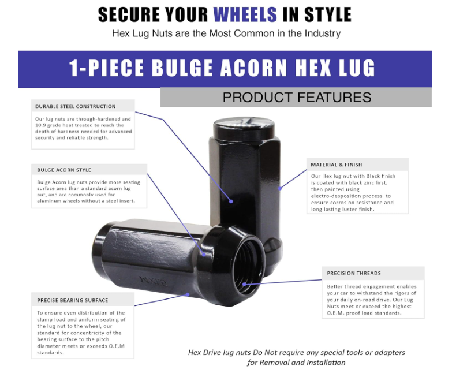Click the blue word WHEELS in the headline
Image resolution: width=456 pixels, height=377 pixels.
point(245,14)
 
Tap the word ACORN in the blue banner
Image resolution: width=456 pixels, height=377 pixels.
point(253,68)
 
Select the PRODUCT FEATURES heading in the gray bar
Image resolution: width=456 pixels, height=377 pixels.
point(297,97)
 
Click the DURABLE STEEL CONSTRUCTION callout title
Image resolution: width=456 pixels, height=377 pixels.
point(75,106)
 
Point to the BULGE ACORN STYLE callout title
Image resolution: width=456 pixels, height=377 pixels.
point(64,170)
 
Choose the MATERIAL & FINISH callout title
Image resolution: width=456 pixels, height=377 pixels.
point(337,165)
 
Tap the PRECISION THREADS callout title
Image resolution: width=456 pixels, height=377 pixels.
point(354,273)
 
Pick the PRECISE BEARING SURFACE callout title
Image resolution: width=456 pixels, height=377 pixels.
point(72,300)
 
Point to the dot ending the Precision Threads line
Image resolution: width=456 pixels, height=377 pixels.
point(244,284)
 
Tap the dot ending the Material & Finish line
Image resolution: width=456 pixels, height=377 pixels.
point(280,188)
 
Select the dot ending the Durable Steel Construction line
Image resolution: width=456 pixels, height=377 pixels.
point(231,201)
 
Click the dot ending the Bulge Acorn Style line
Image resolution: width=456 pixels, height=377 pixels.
point(204,255)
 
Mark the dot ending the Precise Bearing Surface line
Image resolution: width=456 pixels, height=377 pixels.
point(188,294)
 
